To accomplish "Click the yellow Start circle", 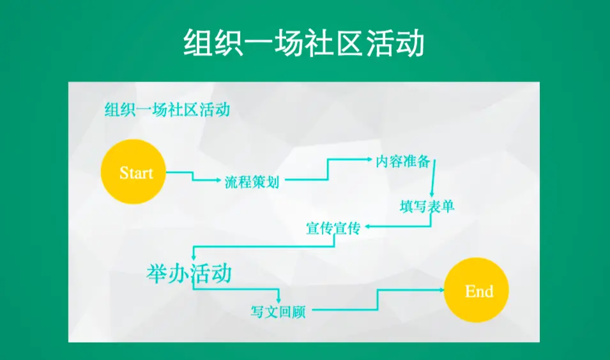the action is click(x=133, y=172).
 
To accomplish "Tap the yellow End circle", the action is click(x=476, y=290).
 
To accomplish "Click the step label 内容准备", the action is click(x=402, y=161).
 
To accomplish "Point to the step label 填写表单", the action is click(x=427, y=206).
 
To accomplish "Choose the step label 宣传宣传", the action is click(x=333, y=229).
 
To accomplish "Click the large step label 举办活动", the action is click(x=189, y=273).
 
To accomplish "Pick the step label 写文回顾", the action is click(x=278, y=311).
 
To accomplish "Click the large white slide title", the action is click(x=304, y=43).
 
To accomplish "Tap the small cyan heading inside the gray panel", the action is click(x=167, y=110).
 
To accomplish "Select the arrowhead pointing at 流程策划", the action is click(x=218, y=180).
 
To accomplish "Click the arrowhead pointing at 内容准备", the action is click(x=370, y=159).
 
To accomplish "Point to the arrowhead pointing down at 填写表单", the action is click(x=432, y=195).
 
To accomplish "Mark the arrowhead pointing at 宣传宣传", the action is click(x=367, y=226).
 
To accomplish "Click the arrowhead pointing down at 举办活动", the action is click(x=194, y=257).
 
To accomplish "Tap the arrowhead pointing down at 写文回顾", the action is click(x=278, y=301).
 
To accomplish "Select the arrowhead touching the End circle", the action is click(x=441, y=290).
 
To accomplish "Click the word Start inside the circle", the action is click(x=136, y=173).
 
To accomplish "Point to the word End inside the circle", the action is click(x=479, y=291).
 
